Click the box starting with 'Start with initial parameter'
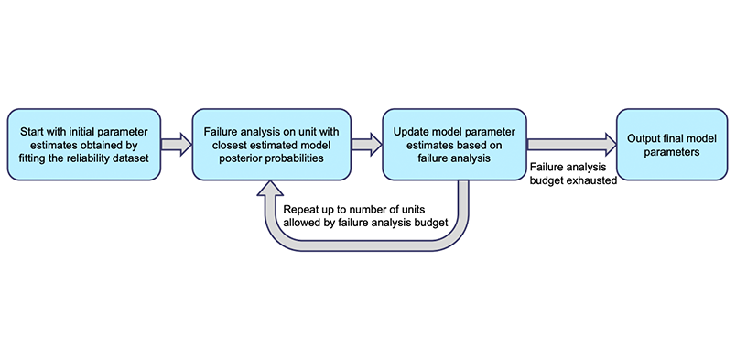(83, 144)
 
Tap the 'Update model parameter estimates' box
(453, 144)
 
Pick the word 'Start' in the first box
(30, 129)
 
